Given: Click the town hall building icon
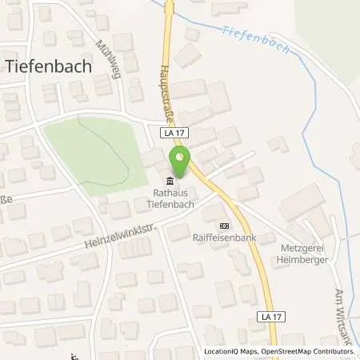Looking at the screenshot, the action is tap(167, 180).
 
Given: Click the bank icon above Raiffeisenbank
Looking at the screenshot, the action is tap(222, 226).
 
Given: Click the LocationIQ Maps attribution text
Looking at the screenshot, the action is tap(229, 351).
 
